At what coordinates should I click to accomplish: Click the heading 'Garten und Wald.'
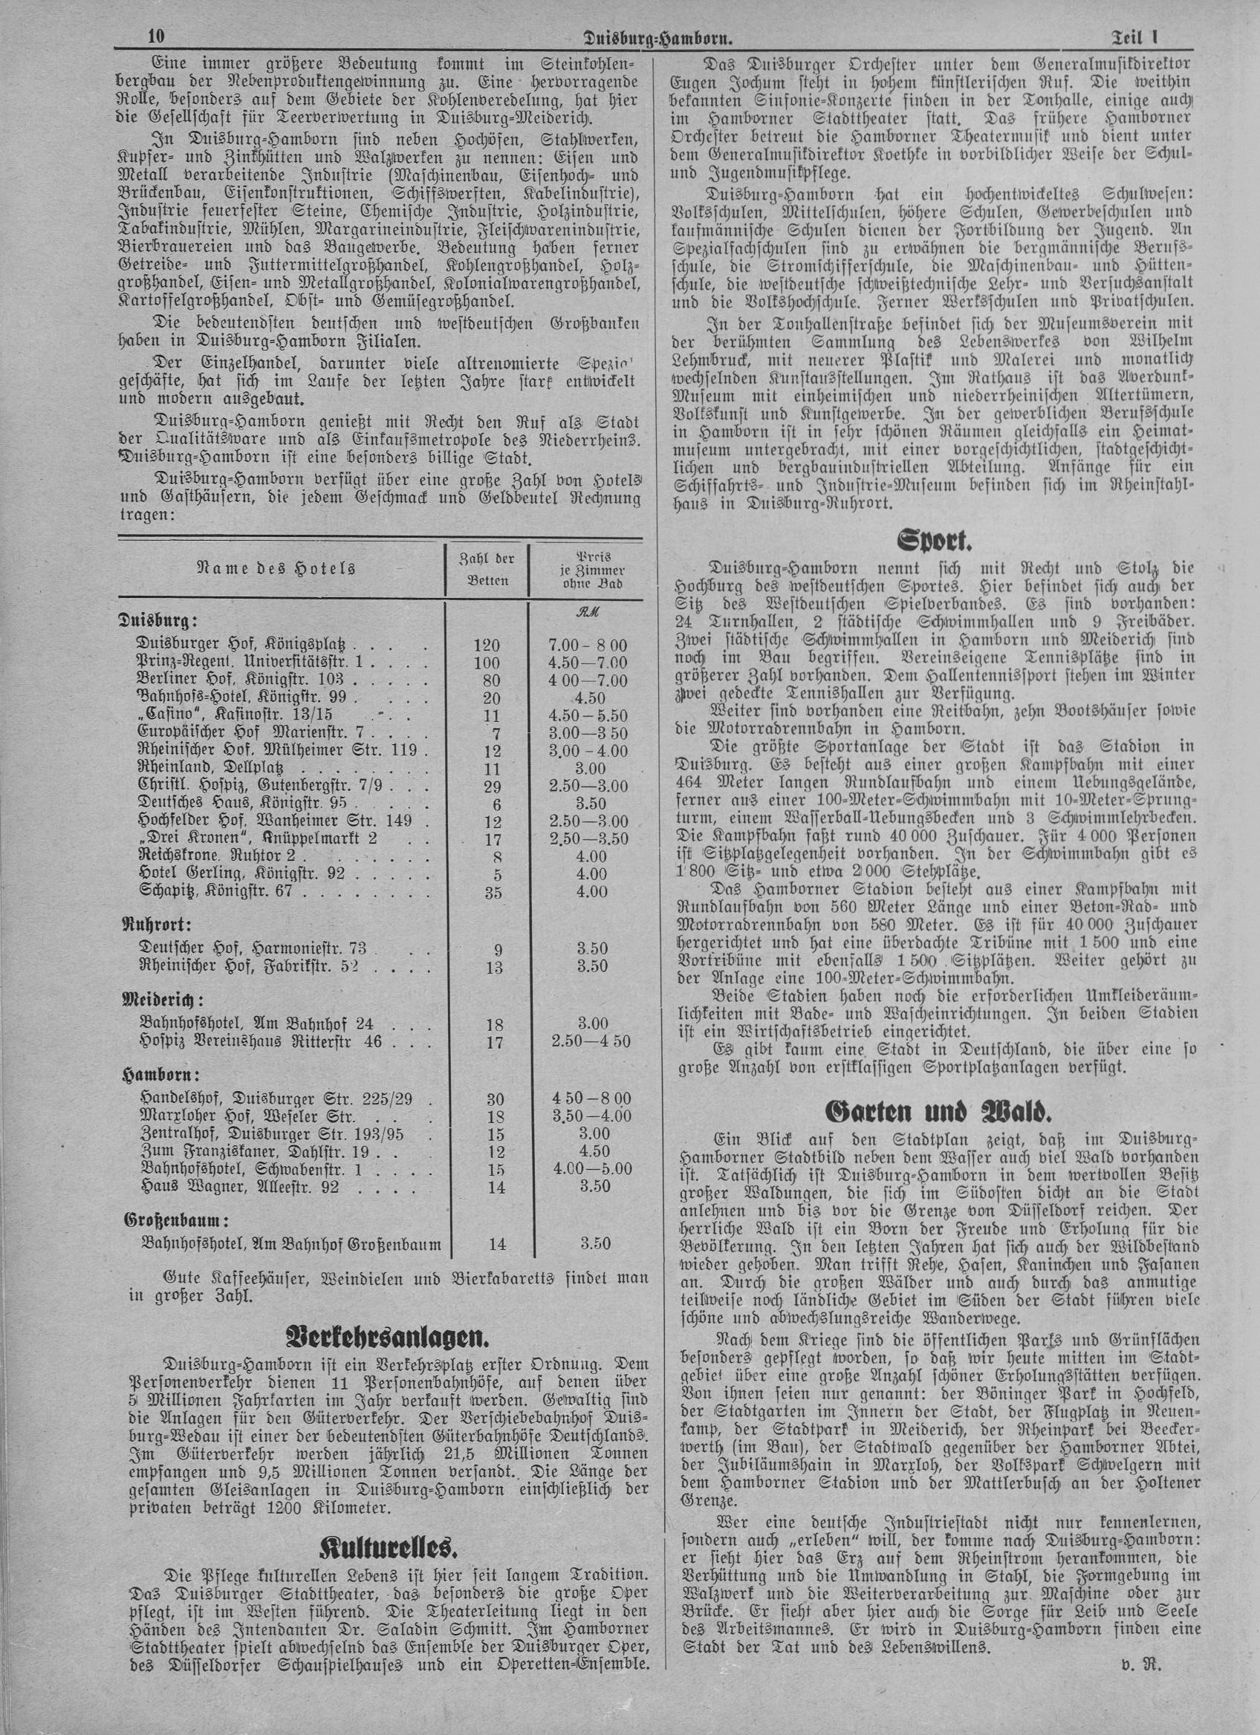pyautogui.click(x=934, y=1110)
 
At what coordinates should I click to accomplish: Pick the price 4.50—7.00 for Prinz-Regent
pyautogui.click(x=588, y=663)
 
